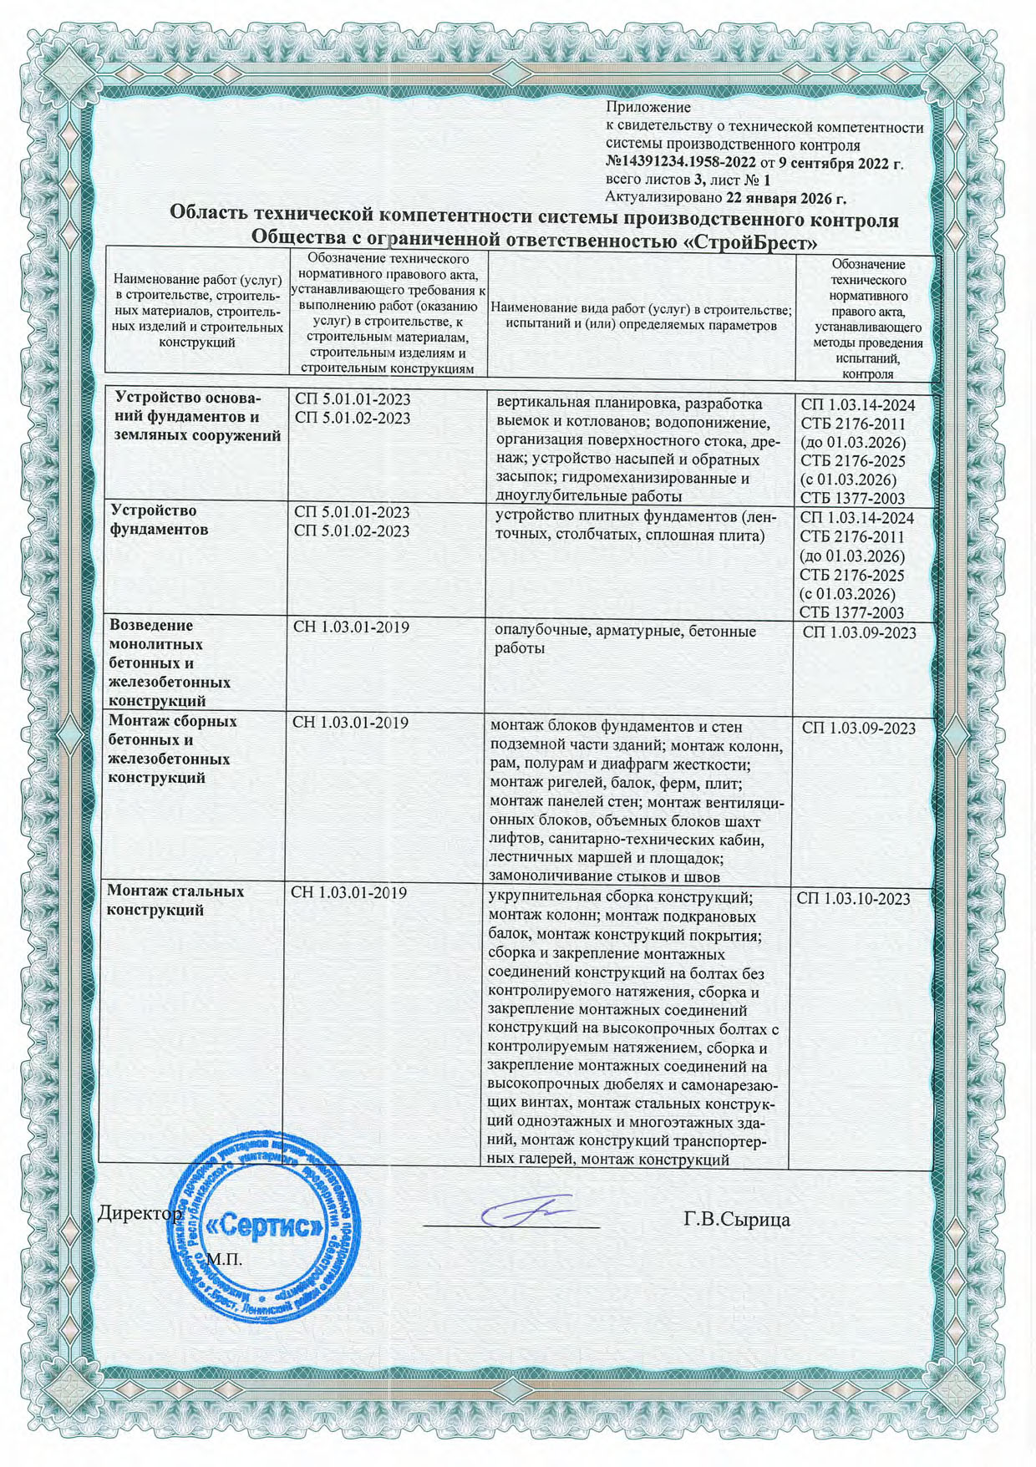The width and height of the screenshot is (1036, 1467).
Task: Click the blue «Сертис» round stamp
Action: tap(266, 1226)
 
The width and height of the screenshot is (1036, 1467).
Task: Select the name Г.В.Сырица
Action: tap(736, 1220)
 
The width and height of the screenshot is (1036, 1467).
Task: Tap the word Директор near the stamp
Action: tap(139, 1212)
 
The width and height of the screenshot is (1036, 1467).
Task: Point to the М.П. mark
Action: tap(223, 1258)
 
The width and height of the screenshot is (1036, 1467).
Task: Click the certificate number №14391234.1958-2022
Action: tap(681, 162)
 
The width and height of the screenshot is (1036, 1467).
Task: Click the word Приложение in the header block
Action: tap(647, 108)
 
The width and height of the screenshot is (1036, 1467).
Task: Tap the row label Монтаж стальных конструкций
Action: tap(175, 901)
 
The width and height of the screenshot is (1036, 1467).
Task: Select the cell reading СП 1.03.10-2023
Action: tap(853, 899)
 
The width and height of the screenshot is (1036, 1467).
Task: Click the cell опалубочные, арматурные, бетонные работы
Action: tap(625, 640)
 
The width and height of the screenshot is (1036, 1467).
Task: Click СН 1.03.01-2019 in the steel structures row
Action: tap(348, 893)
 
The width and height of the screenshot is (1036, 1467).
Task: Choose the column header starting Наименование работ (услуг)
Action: tap(198, 310)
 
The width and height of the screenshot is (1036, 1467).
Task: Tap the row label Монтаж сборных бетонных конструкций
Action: tap(172, 749)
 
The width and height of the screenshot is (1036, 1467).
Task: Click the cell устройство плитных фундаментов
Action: tap(636, 526)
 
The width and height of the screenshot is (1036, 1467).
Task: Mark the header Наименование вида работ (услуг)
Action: tap(642, 317)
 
